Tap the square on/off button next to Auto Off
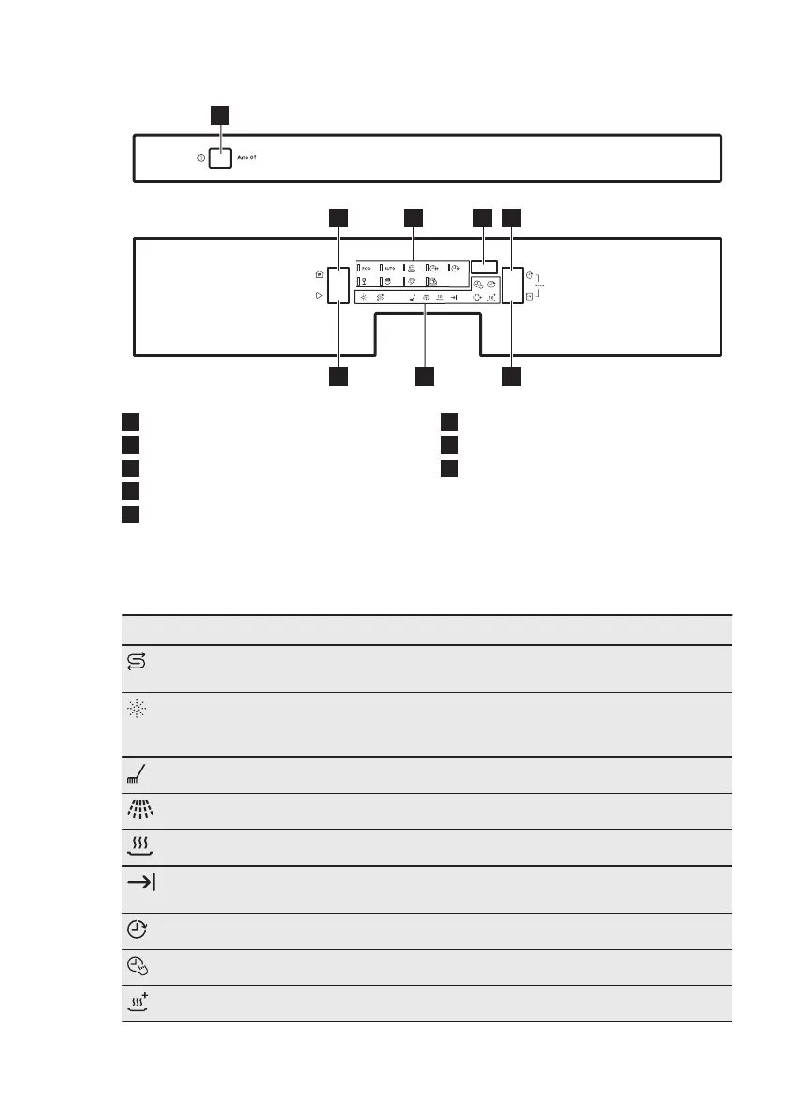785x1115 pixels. click(x=220, y=157)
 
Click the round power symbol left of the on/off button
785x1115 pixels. click(x=201, y=158)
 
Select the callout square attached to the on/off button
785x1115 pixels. click(x=218, y=114)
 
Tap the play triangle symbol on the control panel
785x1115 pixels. click(x=320, y=295)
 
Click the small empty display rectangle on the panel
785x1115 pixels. click(x=484, y=266)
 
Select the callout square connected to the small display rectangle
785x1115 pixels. click(x=482, y=218)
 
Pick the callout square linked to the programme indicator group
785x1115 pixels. click(x=413, y=218)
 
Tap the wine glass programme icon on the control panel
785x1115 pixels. click(x=364, y=281)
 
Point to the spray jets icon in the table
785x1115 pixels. click(x=136, y=811)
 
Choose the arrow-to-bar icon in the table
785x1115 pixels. click(x=136, y=884)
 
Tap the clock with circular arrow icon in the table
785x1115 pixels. click(x=136, y=932)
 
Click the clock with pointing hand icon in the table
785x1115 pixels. click(x=136, y=967)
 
